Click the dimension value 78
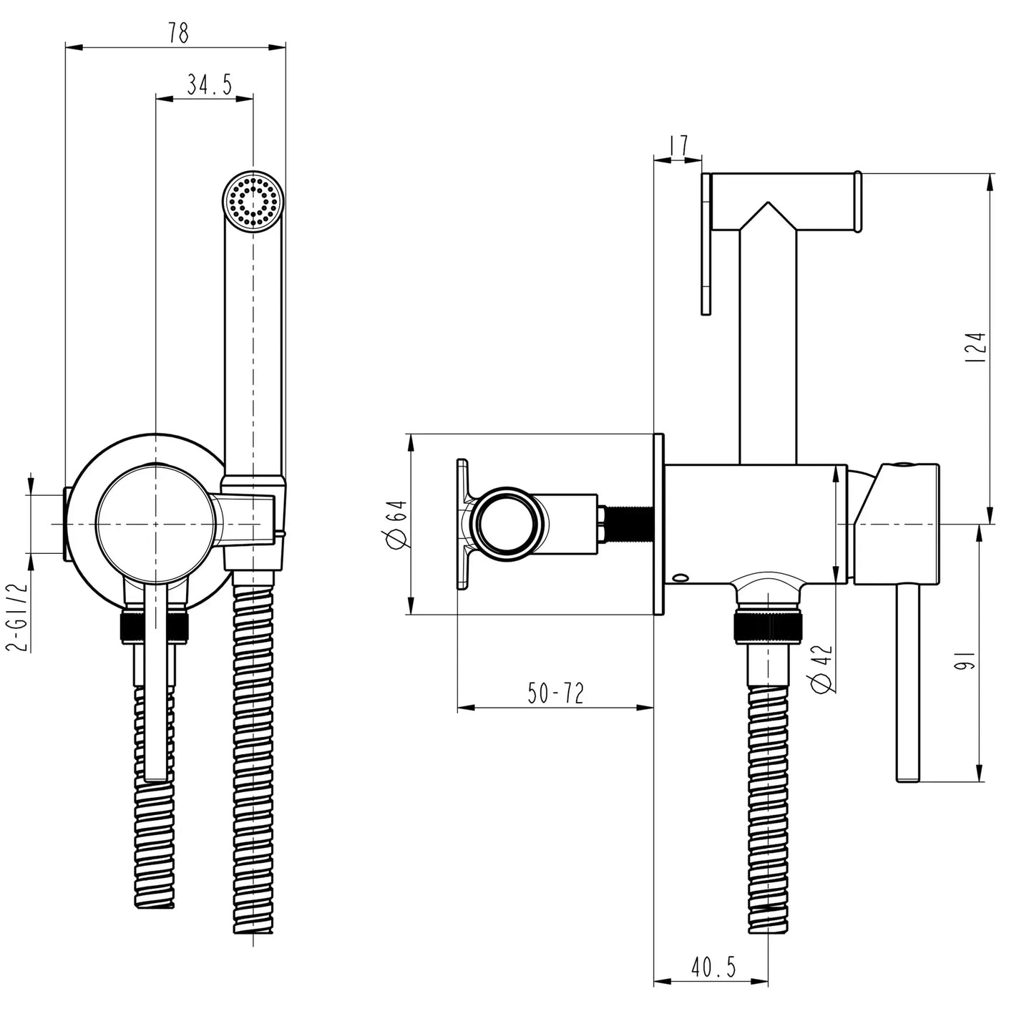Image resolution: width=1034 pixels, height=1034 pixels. [x=178, y=33]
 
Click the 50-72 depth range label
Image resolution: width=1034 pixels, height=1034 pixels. [x=555, y=693]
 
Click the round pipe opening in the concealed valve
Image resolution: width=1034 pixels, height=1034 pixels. [x=505, y=522]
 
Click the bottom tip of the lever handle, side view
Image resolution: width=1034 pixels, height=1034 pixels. [x=907, y=777]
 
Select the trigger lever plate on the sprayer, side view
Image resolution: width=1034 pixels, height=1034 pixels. [x=706, y=243]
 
